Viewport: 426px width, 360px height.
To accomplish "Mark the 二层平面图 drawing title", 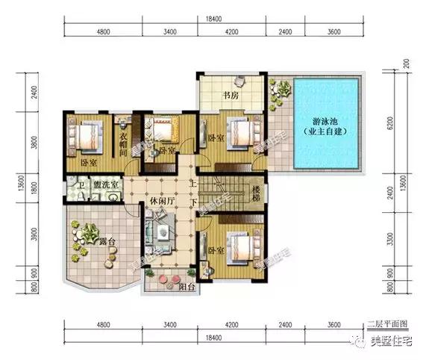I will point(387,323).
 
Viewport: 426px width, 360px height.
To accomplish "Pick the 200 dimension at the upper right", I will point(407,64).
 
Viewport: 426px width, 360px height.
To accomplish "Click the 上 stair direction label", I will point(192,183).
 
